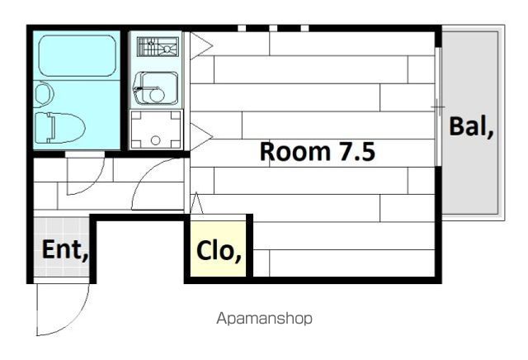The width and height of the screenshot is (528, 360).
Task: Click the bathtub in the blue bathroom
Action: (x=77, y=55)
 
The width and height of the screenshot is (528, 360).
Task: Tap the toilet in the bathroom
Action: (x=60, y=128)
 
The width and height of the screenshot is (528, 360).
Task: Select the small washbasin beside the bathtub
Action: (x=44, y=94)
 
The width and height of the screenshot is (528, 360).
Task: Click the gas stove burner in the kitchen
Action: (x=158, y=47)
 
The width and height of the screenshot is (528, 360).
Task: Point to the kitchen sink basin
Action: (x=156, y=88)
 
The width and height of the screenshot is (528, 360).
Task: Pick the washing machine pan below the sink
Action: (x=156, y=130)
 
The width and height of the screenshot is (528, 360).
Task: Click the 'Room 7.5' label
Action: (x=317, y=151)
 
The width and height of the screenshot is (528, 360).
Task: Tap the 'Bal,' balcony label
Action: (x=471, y=126)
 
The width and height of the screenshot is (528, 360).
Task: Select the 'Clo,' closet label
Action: (x=219, y=251)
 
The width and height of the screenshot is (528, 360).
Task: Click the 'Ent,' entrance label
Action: (x=65, y=250)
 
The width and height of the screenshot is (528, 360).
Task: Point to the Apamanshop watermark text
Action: (x=264, y=318)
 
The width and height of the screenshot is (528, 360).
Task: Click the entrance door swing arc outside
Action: (x=75, y=320)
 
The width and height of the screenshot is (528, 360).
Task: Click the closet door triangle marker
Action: (x=196, y=203)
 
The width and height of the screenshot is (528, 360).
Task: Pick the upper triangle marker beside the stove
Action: (x=201, y=45)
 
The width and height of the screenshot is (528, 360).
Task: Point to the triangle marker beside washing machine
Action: (x=201, y=136)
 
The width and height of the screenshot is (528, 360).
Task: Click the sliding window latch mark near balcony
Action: (x=438, y=107)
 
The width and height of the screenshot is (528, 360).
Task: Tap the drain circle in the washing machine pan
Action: (x=155, y=140)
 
